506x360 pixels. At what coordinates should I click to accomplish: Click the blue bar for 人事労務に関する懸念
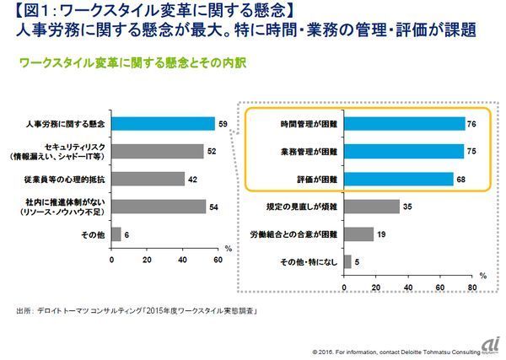coord(163,124)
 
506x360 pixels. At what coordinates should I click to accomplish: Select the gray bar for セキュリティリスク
coord(157,152)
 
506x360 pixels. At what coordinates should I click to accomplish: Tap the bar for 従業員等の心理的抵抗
coord(148,179)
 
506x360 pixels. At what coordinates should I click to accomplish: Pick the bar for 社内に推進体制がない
coord(159,207)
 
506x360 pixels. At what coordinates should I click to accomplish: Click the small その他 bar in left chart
coord(116,234)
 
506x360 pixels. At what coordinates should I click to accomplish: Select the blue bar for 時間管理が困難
coord(405,124)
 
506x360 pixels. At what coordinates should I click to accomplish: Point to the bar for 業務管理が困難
coord(404,152)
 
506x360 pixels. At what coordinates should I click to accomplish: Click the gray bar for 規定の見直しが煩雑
coord(372,207)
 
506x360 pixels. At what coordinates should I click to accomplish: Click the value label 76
coord(472,124)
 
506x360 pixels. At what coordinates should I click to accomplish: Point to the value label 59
coord(222,124)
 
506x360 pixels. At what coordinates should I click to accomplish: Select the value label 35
coord(406,207)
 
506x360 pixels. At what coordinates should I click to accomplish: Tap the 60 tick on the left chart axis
coord(217,259)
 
